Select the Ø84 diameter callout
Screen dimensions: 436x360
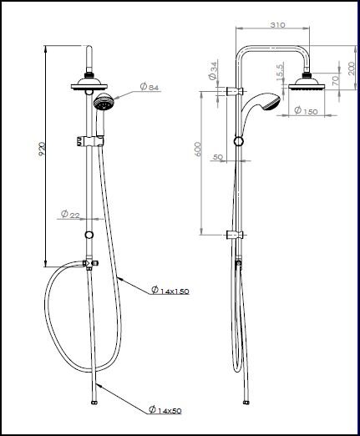coord(148,87)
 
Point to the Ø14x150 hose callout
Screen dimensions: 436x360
coord(171,291)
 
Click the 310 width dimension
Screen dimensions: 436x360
coord(278,26)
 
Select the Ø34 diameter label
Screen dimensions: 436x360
coord(214,68)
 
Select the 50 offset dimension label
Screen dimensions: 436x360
coord(218,157)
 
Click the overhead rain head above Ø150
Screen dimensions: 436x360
coord(305,86)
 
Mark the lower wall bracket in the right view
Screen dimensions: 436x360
coord(238,235)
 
